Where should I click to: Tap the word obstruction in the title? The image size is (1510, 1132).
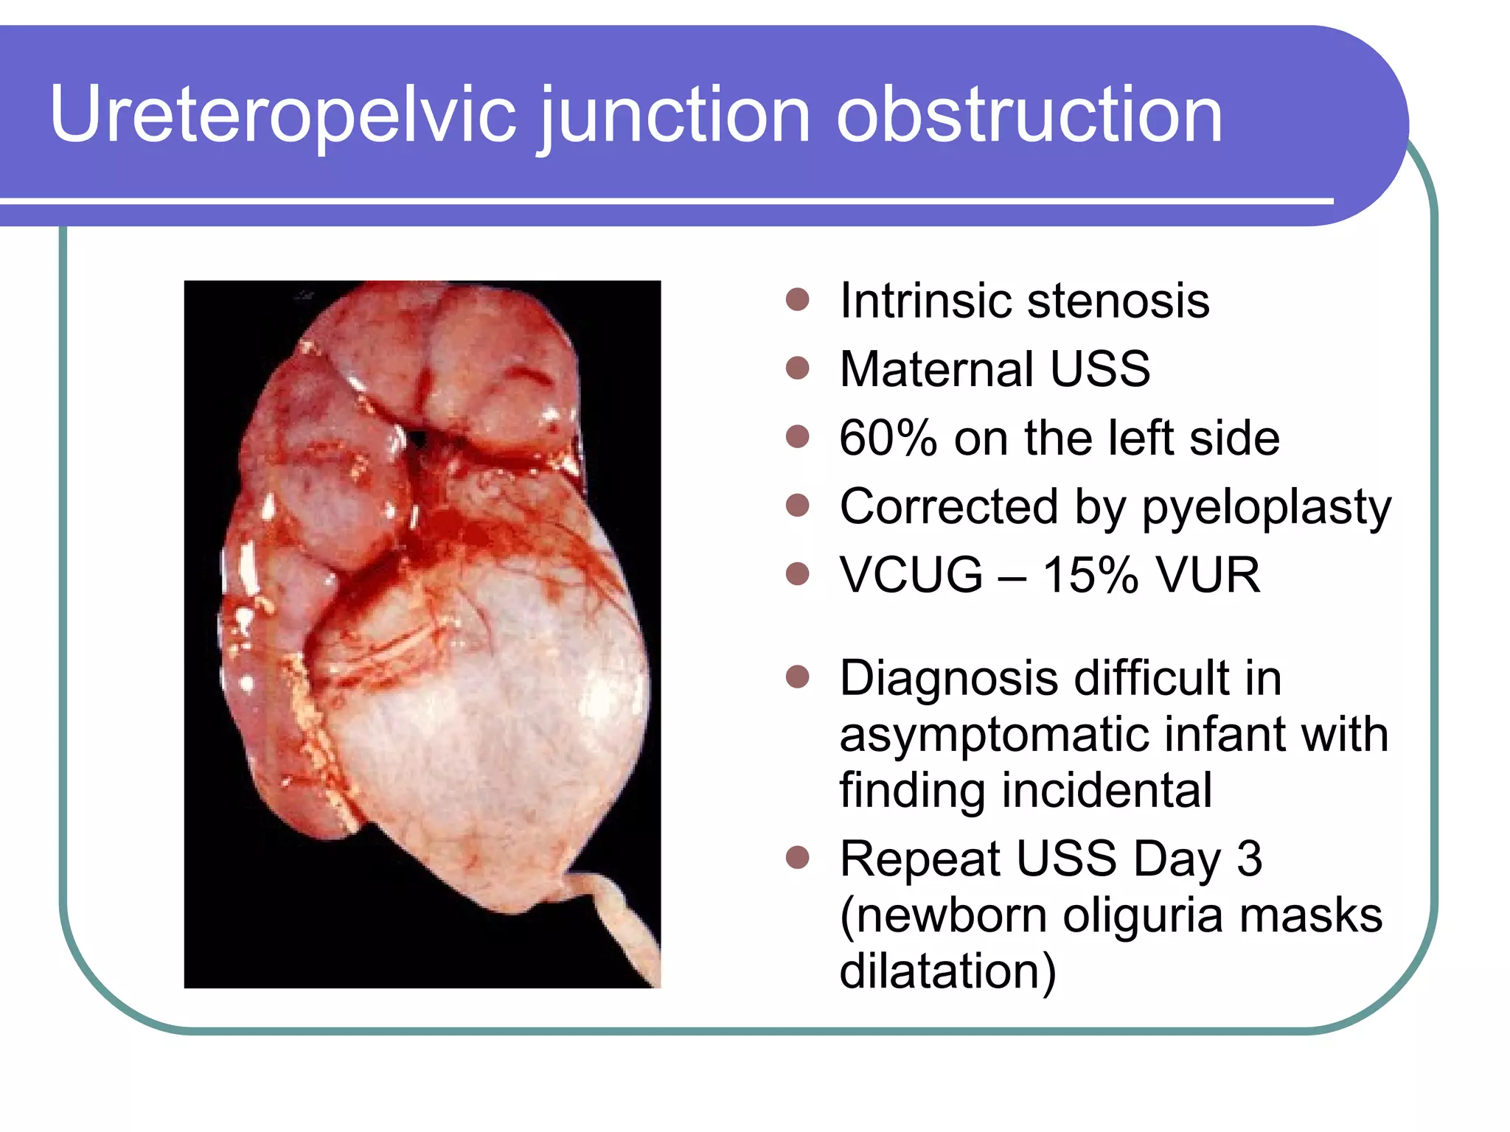click(1029, 115)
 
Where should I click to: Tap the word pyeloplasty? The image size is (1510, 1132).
click(1266, 509)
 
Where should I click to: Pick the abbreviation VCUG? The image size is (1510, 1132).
click(911, 575)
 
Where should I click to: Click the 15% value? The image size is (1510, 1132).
click(1090, 575)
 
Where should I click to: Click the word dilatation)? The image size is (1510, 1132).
click(948, 971)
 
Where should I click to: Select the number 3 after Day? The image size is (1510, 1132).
click(1250, 859)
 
